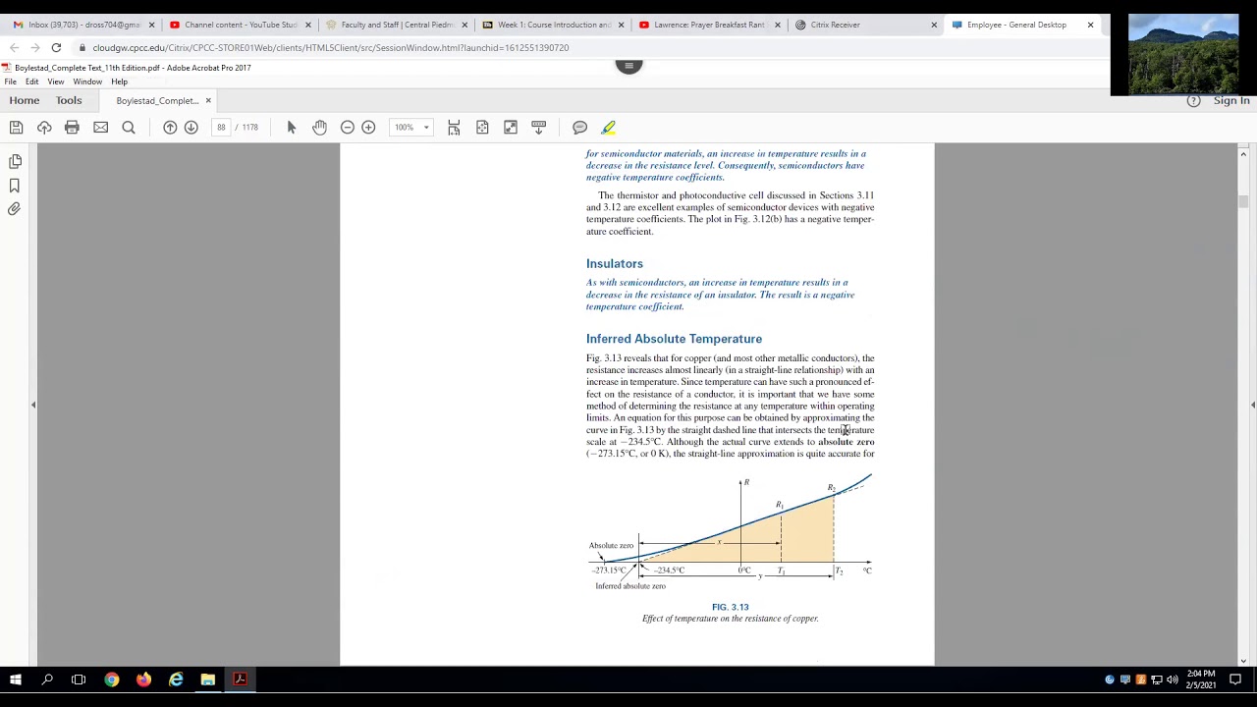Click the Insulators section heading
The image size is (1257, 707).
pos(615,263)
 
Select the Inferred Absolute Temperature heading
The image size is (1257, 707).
pos(674,339)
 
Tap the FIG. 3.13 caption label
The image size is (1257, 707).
pos(730,607)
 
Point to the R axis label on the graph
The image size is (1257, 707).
pos(746,482)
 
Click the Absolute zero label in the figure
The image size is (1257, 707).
pos(611,545)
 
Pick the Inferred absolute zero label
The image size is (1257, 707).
pos(629,586)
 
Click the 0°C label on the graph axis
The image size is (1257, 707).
pos(744,571)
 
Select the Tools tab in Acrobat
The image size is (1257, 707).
pos(69,100)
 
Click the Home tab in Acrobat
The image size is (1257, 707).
pos(25,100)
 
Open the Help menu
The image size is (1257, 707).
pos(119,82)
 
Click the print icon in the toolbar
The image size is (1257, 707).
pos(72,128)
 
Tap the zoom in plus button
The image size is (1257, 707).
pos(368,128)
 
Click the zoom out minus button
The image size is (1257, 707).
pos(347,128)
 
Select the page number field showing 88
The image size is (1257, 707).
pos(221,128)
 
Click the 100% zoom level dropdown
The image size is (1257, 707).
pos(410,128)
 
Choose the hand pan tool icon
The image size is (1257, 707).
pos(319,128)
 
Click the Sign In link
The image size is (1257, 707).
pos(1230,100)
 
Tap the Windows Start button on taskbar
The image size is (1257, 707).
pos(16,680)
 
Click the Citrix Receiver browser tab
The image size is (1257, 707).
pos(835,25)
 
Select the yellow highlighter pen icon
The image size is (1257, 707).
pos(609,128)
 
